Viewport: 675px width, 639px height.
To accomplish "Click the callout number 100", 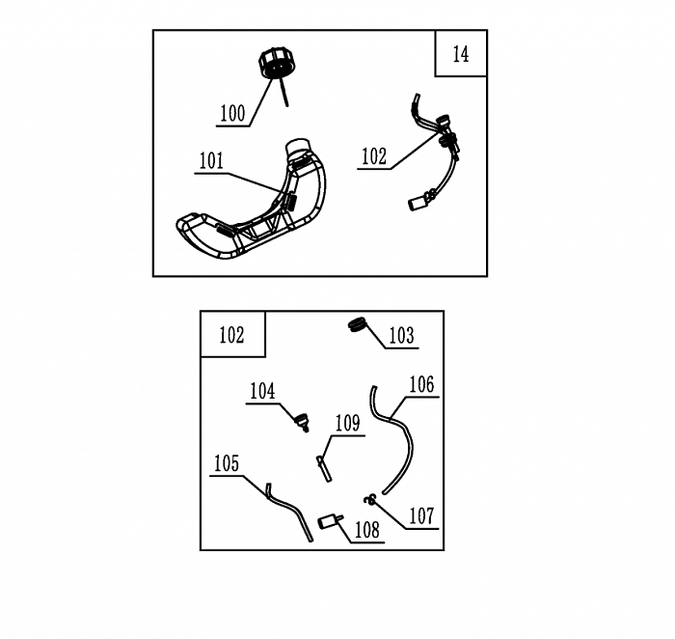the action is pyautogui.click(x=232, y=113).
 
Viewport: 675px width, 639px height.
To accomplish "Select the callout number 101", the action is pyautogui.click(x=211, y=161).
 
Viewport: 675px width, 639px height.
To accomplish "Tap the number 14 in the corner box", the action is pyautogui.click(x=461, y=54).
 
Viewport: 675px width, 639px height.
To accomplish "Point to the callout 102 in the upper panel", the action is pyautogui.click(x=374, y=156).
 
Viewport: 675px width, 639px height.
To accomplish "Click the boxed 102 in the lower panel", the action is pyautogui.click(x=231, y=335).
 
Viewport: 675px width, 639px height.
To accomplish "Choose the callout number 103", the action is pyautogui.click(x=402, y=335).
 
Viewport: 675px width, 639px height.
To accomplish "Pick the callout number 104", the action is pyautogui.click(x=262, y=391).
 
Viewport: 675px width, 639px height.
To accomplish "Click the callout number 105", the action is pyautogui.click(x=227, y=463).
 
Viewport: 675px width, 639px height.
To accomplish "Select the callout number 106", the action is pyautogui.click(x=422, y=384).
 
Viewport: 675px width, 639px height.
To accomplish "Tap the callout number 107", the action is pyautogui.click(x=422, y=515).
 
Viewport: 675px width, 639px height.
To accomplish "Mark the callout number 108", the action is pyautogui.click(x=367, y=530).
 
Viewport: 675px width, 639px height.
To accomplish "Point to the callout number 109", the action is pyautogui.click(x=347, y=423).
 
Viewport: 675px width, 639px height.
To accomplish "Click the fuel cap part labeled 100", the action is pyautogui.click(x=278, y=64).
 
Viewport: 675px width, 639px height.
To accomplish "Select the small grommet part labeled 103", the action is pyautogui.click(x=357, y=324).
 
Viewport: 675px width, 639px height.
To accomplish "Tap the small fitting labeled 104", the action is pyautogui.click(x=302, y=422).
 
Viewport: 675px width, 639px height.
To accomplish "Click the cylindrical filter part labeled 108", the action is pyautogui.click(x=330, y=522).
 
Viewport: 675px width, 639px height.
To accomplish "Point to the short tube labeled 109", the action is pyautogui.click(x=324, y=469).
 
